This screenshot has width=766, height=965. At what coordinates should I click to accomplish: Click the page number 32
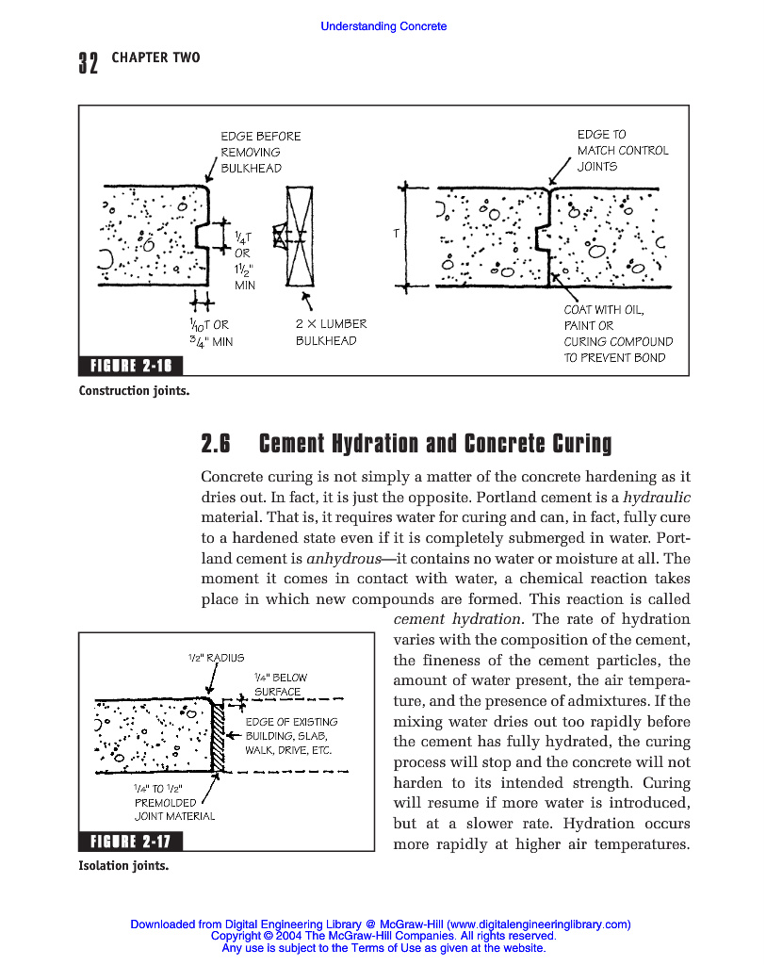coord(88,63)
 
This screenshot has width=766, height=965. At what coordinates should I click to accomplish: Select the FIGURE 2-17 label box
coord(131,841)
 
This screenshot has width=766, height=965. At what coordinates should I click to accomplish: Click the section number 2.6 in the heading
coord(217,443)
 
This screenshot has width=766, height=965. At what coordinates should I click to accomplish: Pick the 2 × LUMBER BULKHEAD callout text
coord(331,332)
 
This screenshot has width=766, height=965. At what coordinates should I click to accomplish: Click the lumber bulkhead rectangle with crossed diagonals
coord(300,236)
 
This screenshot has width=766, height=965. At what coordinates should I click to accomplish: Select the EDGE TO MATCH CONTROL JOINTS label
coord(622,150)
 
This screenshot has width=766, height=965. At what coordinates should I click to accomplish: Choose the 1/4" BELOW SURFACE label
coord(280,684)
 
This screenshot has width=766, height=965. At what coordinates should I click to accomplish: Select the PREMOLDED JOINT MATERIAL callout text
coord(173,802)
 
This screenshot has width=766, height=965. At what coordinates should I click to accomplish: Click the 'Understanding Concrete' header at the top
coord(383,26)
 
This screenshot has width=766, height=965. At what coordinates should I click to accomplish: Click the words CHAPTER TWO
coord(155,58)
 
